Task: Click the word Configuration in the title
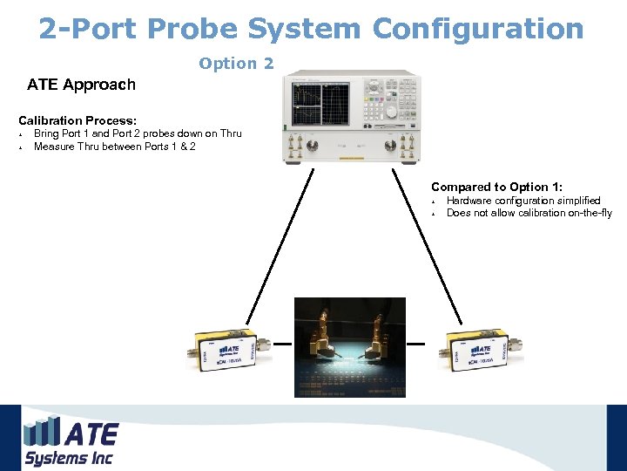478,29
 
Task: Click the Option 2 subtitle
236,63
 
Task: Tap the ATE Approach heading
81,85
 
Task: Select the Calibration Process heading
78,119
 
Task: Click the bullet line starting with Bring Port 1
137,133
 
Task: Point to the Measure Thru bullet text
114,147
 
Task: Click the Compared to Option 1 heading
496,188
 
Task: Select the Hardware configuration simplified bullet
523,201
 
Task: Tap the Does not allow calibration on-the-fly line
529,213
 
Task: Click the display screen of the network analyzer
320,104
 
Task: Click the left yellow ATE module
223,347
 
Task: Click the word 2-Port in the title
88,29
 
